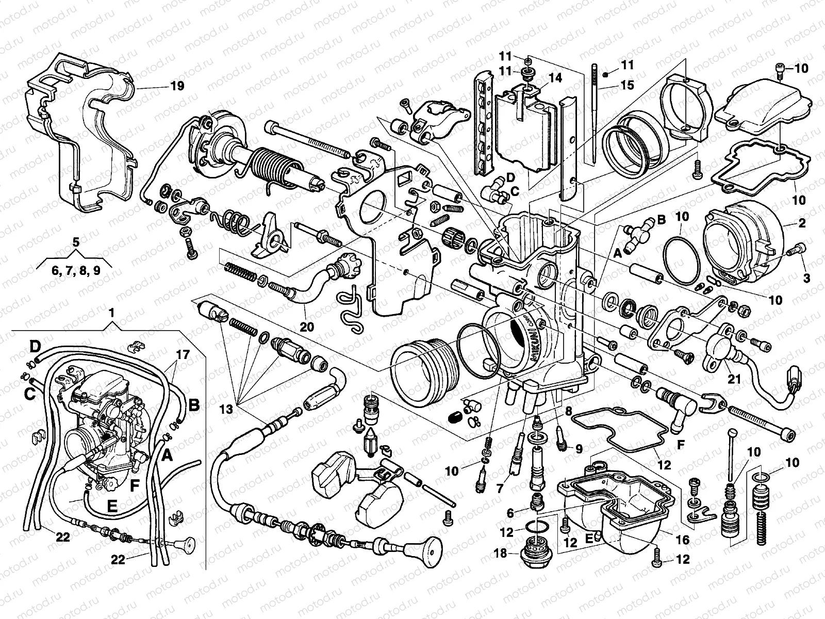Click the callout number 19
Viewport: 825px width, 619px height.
(x=177, y=86)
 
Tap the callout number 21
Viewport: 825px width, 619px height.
(x=734, y=379)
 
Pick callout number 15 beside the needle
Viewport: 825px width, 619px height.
(x=628, y=85)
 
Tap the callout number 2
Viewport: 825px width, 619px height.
(x=802, y=224)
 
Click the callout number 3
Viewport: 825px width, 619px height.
(x=806, y=278)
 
